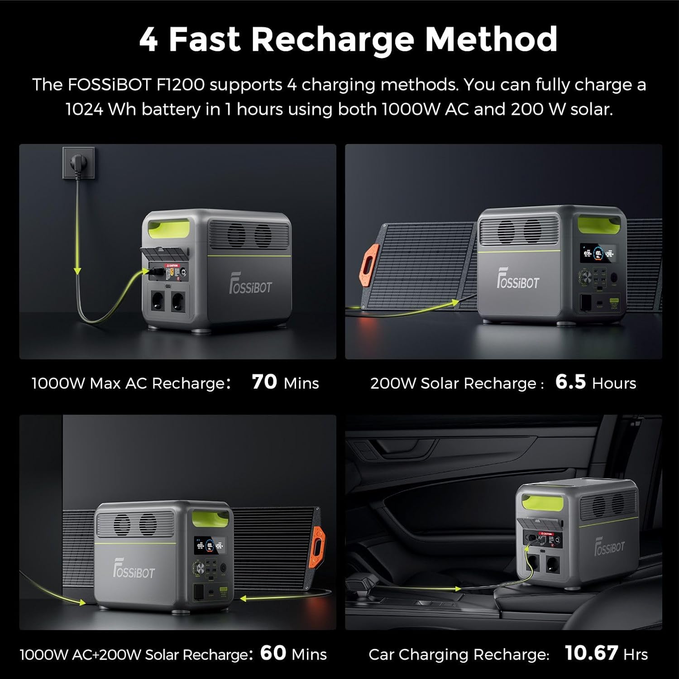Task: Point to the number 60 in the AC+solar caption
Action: [x=273, y=653]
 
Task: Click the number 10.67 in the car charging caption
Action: [x=591, y=653]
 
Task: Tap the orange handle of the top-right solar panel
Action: [x=371, y=266]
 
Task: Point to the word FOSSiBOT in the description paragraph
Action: [x=109, y=85]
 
